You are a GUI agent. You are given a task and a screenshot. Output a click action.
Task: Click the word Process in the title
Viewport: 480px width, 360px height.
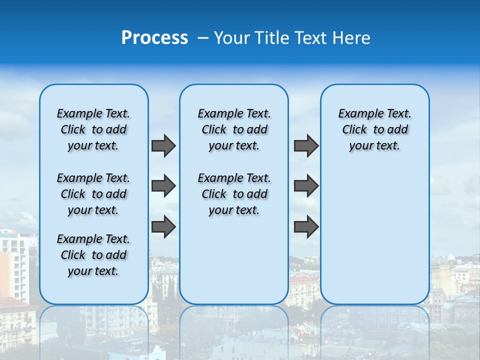(x=154, y=38)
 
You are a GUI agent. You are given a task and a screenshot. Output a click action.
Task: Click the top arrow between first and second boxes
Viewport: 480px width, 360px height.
(x=163, y=146)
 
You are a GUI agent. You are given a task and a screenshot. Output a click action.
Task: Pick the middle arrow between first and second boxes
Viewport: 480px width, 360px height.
(x=163, y=186)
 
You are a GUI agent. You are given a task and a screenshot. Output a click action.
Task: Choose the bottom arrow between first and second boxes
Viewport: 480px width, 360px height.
(x=163, y=226)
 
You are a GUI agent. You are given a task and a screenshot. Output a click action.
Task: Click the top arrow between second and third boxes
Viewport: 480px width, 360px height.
(x=306, y=146)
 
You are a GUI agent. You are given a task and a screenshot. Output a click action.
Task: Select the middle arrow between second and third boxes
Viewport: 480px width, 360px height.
(x=306, y=186)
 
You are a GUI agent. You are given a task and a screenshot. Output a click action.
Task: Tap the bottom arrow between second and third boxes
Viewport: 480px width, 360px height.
(x=306, y=226)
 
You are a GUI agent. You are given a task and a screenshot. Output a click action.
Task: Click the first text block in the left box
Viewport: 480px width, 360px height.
(x=93, y=129)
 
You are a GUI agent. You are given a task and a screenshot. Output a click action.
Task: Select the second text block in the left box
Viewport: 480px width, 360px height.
(x=93, y=194)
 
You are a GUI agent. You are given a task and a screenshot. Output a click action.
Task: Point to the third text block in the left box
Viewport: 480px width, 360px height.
(x=93, y=255)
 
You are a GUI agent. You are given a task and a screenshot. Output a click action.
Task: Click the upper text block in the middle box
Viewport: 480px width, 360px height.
(x=234, y=129)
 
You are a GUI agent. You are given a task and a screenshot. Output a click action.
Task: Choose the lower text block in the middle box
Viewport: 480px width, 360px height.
(x=234, y=194)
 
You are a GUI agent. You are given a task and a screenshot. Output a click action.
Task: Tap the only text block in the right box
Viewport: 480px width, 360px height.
(x=374, y=129)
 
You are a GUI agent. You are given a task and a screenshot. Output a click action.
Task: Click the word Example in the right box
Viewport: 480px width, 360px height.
(x=358, y=114)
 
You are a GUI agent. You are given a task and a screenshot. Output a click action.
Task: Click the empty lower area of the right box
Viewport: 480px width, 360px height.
(x=374, y=235)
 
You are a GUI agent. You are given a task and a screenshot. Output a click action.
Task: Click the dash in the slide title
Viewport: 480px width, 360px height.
(x=202, y=38)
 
